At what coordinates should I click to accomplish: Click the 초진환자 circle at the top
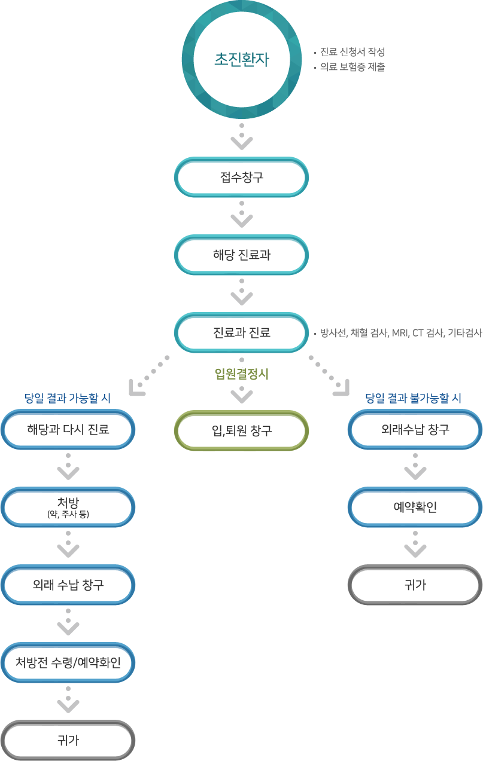click(x=242, y=60)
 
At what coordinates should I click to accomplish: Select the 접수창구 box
click(x=242, y=178)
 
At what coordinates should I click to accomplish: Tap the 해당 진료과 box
click(x=242, y=255)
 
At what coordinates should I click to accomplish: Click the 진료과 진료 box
click(x=242, y=332)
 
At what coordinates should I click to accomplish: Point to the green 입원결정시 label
click(x=242, y=375)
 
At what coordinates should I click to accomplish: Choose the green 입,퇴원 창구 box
click(x=242, y=430)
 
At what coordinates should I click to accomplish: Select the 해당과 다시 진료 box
click(x=68, y=429)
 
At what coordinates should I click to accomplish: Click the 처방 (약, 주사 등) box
click(x=68, y=508)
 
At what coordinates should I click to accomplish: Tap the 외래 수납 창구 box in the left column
click(x=68, y=585)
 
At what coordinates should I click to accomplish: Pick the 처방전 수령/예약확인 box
click(x=68, y=662)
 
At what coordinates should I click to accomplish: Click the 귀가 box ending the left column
click(x=68, y=740)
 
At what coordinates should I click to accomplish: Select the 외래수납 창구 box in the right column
click(x=415, y=429)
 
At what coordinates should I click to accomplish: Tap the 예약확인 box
click(x=415, y=508)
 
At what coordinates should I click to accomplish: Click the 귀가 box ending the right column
click(x=415, y=585)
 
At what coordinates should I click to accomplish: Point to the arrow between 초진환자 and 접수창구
click(x=242, y=137)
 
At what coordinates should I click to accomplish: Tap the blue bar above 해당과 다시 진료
click(x=68, y=398)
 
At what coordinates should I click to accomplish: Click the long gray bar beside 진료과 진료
click(x=401, y=333)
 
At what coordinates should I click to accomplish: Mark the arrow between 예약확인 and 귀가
click(x=415, y=546)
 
